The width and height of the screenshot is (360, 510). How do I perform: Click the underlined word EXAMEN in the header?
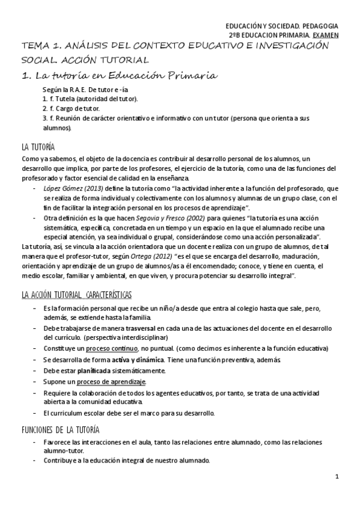(x=326, y=35)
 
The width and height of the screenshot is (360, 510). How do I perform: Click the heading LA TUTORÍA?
(x=38, y=146)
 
